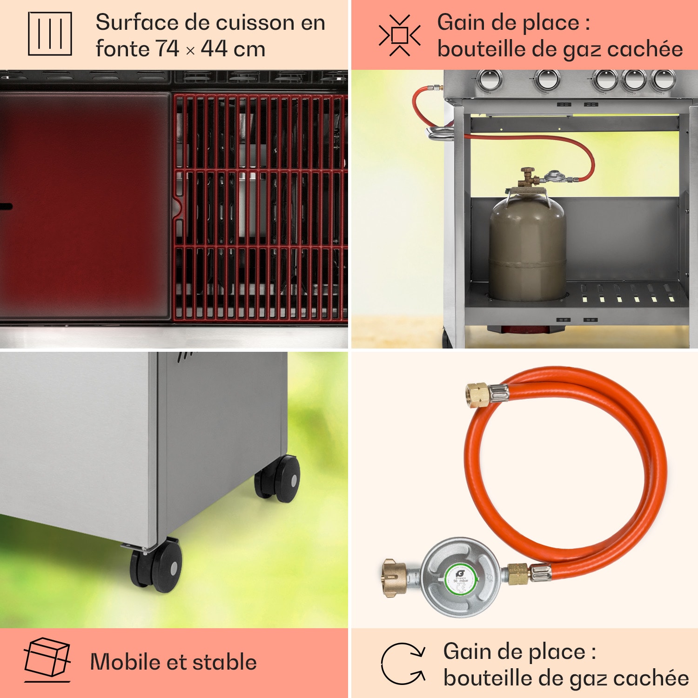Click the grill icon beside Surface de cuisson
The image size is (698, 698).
pyautogui.click(x=50, y=34)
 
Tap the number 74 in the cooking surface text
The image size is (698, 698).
pyautogui.click(x=167, y=49)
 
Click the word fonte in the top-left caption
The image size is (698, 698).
pyautogui.click(x=122, y=49)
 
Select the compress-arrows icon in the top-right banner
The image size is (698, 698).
pyautogui.click(x=399, y=35)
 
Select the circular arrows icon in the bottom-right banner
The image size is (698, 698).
pyautogui.click(x=403, y=664)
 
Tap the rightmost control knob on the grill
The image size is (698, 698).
pyautogui.click(x=663, y=80)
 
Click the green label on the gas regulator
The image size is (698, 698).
pyautogui.click(x=461, y=580)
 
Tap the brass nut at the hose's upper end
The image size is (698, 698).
pyautogui.click(x=477, y=396)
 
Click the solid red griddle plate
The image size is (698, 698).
pyautogui.click(x=85, y=205)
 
